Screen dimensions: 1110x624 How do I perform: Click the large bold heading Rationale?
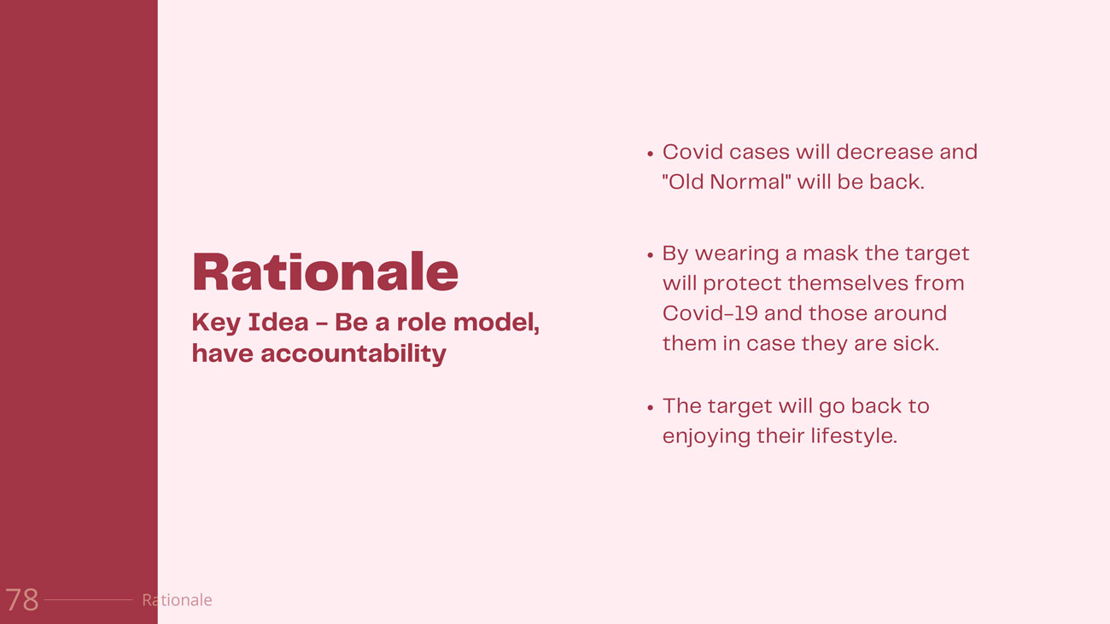point(325,271)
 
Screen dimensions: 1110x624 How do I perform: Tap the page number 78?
point(22,600)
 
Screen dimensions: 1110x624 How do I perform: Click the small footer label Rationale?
point(177,600)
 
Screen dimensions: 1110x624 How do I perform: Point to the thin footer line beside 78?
point(88,600)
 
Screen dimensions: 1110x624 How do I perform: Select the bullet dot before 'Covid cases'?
point(650,154)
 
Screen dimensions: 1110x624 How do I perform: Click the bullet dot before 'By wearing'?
point(650,255)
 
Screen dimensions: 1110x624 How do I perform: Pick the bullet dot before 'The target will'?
point(650,408)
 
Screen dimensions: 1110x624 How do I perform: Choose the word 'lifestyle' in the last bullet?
point(854,437)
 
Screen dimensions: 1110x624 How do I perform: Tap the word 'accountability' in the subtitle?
point(353,354)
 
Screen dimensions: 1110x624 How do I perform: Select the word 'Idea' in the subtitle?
point(278,323)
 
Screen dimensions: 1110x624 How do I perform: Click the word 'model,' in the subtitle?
point(496,323)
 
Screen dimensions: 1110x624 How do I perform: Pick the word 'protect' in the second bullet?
point(742,284)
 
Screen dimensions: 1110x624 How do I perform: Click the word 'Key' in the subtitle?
point(216,324)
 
